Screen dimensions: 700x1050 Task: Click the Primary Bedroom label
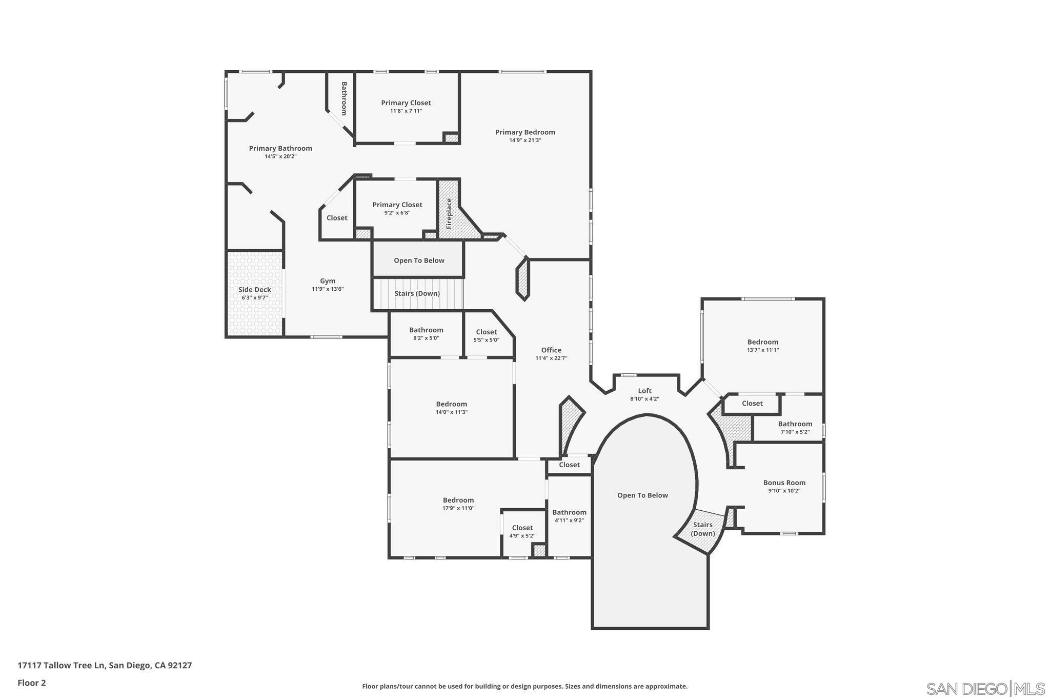tap(525, 132)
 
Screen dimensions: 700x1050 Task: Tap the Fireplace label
tap(449, 213)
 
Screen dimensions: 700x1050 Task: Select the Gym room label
tap(328, 281)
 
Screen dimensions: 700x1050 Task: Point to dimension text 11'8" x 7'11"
tap(406, 111)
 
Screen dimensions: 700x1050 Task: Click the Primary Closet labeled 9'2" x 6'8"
tap(397, 205)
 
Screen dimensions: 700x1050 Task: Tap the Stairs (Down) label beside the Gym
tap(417, 294)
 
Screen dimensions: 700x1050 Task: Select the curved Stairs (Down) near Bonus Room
tap(702, 529)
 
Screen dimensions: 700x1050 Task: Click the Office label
tap(551, 350)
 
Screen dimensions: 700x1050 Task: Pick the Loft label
tap(644, 391)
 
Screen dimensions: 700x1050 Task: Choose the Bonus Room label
tap(784, 483)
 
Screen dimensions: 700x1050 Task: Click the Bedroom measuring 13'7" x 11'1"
tap(762, 342)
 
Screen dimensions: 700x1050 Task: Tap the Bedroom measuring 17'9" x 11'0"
tap(458, 500)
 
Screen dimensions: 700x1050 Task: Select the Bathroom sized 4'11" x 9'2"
tap(569, 512)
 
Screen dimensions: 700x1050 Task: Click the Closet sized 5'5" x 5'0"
tap(486, 332)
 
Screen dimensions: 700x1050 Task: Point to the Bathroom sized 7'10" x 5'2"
tap(795, 424)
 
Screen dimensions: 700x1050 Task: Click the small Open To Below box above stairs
tap(419, 261)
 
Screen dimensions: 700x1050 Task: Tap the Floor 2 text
tap(32, 683)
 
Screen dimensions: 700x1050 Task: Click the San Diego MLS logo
tap(985, 688)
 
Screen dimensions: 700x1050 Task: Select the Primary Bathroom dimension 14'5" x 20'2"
tap(280, 156)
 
